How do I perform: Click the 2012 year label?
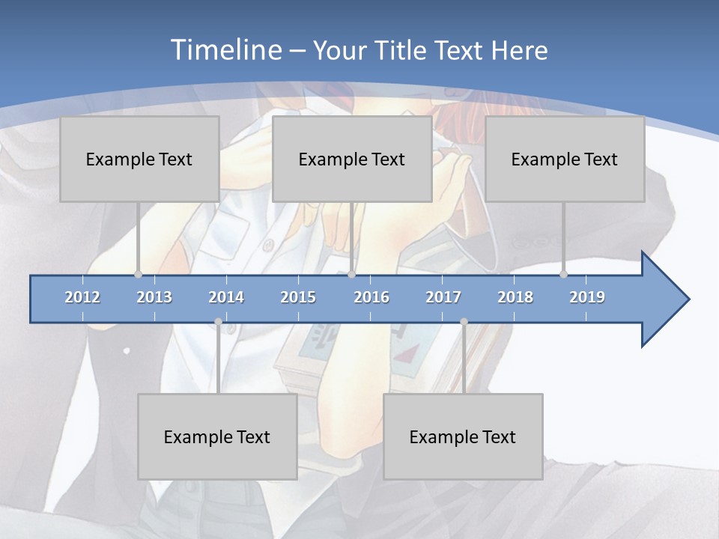tap(82, 297)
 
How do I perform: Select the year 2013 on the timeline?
tap(154, 297)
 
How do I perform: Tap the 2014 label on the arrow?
tap(226, 297)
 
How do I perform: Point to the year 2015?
tap(298, 297)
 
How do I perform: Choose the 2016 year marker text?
tap(371, 297)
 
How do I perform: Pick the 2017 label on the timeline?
tap(443, 297)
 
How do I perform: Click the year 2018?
tap(515, 297)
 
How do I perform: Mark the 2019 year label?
tap(587, 297)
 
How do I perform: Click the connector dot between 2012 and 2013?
tap(138, 274)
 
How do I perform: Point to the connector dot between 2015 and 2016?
tap(351, 274)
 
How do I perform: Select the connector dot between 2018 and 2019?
tap(563, 274)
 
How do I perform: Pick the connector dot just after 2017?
tap(464, 322)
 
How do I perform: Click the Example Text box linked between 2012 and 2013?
tap(139, 159)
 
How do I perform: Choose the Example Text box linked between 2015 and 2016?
tap(352, 159)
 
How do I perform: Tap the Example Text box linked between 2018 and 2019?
tap(565, 159)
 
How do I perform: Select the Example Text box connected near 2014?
tap(217, 436)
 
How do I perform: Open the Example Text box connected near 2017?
tap(463, 436)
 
